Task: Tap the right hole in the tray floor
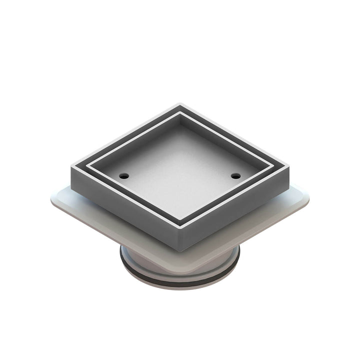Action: pyautogui.click(x=235, y=175)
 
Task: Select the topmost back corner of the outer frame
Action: pyautogui.click(x=180, y=104)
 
